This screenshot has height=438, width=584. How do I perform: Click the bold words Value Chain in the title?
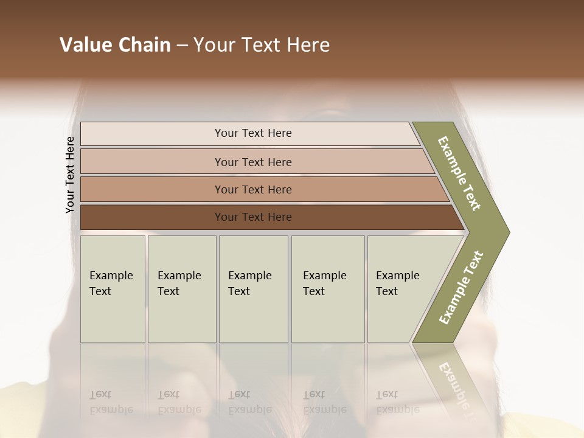pyautogui.click(x=115, y=45)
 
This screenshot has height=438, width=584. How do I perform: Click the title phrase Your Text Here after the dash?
pyautogui.click(x=262, y=45)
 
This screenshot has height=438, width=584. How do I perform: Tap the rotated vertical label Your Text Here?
pyautogui.click(x=70, y=175)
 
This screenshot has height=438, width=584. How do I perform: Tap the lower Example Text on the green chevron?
pyautogui.click(x=461, y=287)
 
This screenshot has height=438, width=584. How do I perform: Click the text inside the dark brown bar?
pyautogui.click(x=253, y=217)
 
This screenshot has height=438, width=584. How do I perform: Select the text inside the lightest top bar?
pyautogui.click(x=253, y=133)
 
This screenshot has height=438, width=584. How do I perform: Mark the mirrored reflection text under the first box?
pyautogui.click(x=111, y=401)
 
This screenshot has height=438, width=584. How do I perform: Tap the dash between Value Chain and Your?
pyautogui.click(x=182, y=46)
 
